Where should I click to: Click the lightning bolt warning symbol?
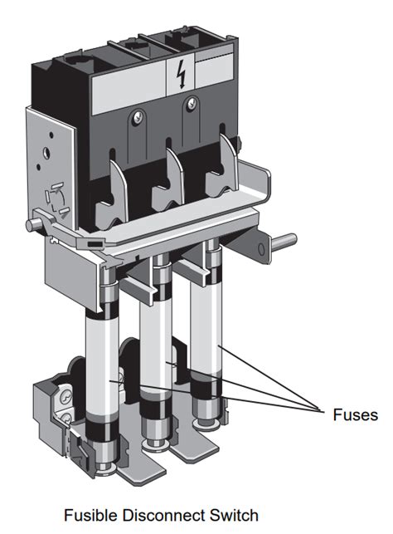182,75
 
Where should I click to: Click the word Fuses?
355,414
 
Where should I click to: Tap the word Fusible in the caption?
91,515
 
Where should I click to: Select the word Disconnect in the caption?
164,515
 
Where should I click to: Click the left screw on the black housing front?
138,117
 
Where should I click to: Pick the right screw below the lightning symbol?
192,103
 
